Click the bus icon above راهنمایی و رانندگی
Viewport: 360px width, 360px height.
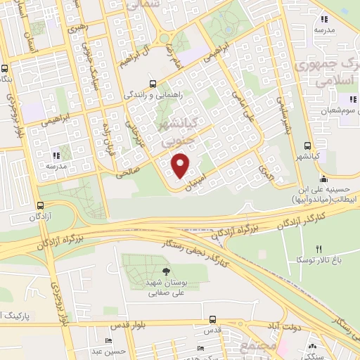[153, 82]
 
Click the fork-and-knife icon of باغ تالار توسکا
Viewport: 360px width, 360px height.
[319, 249]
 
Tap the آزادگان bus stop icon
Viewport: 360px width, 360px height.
[39, 205]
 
